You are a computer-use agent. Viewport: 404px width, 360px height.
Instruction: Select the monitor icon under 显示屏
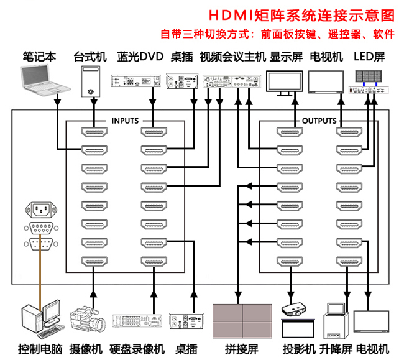[x=286, y=83]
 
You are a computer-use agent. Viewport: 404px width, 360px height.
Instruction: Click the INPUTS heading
[x=125, y=121]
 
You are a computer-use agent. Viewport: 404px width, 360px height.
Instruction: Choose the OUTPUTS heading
[x=319, y=121]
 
